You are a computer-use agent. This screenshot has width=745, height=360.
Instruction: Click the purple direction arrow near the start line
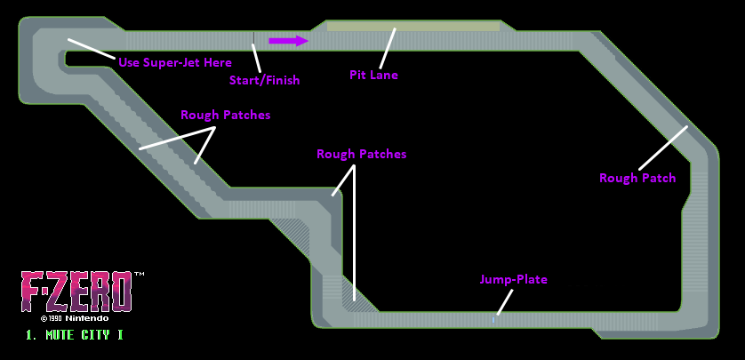[289, 40]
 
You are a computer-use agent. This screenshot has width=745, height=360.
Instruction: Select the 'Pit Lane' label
[373, 76]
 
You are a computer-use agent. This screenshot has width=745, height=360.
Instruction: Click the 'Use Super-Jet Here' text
[175, 62]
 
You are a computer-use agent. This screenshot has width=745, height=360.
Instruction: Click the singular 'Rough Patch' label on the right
[637, 178]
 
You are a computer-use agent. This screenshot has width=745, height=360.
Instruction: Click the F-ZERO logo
[76, 291]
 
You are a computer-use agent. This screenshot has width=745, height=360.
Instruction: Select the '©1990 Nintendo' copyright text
[75, 317]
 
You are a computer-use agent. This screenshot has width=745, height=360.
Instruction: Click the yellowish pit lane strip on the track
[413, 27]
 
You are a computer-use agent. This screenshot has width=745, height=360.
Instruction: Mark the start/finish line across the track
[254, 40]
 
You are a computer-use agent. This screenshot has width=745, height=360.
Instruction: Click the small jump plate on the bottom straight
[494, 317]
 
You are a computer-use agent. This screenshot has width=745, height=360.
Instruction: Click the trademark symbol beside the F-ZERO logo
[139, 275]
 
